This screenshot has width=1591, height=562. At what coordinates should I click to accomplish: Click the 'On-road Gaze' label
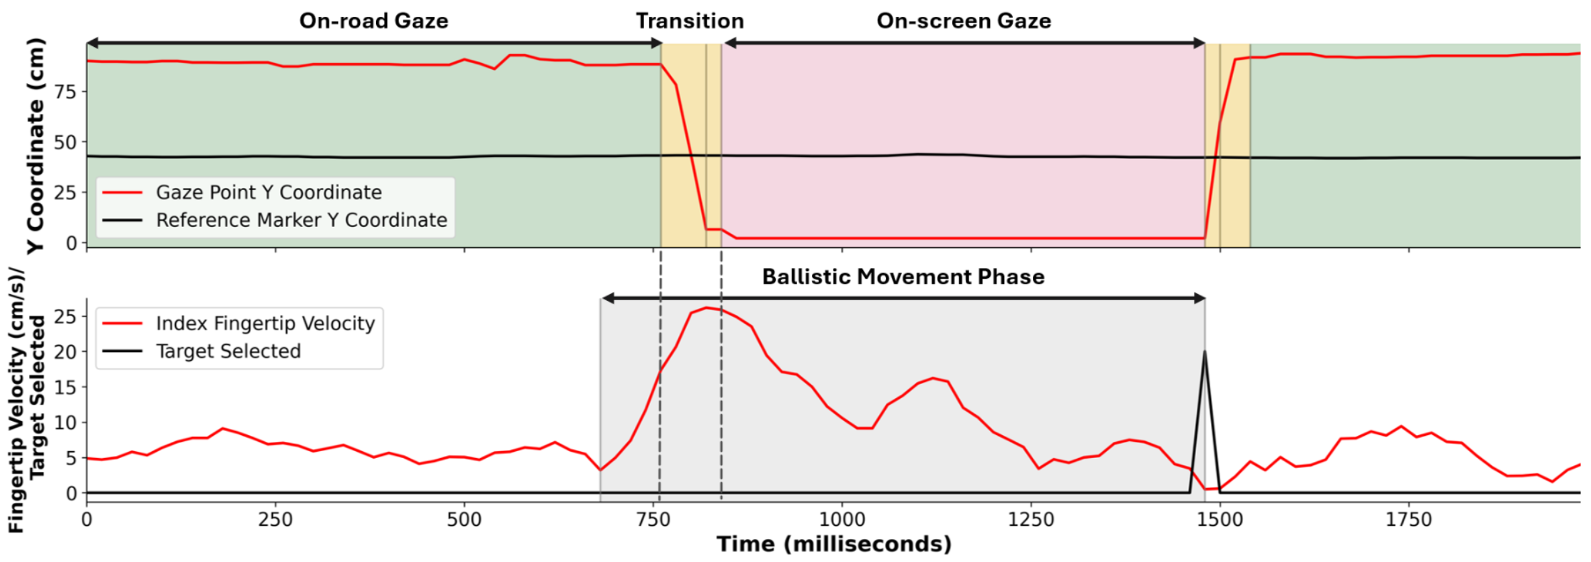[373, 21]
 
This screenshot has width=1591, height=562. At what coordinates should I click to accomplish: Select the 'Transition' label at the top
[690, 21]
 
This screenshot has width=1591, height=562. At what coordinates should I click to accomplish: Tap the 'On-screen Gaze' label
[964, 21]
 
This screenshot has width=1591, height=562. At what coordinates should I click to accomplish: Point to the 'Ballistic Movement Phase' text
[903, 277]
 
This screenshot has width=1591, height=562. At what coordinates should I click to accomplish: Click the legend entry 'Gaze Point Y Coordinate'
[269, 193]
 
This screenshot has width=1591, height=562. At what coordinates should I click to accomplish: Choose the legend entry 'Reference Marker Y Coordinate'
[302, 220]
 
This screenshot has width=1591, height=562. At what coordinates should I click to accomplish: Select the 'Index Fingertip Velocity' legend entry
[265, 324]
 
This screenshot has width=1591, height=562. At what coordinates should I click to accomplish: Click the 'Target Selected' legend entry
[228, 351]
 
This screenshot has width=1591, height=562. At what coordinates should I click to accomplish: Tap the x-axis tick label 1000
[842, 520]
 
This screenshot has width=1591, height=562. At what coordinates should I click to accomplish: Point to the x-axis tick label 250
[275, 520]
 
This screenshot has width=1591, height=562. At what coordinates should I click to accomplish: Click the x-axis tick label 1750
[1409, 520]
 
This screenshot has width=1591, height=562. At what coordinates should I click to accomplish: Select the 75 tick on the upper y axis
[66, 92]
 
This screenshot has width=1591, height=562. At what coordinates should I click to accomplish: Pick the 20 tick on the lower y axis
[66, 352]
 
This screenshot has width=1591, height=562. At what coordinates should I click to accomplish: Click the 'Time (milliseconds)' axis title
[833, 544]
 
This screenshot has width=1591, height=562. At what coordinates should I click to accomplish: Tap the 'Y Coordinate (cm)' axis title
[35, 146]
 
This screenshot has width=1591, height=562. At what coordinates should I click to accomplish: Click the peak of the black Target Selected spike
[1205, 351]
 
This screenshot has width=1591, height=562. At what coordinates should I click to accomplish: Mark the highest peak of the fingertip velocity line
[706, 308]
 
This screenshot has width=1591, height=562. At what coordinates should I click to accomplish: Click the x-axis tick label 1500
[1220, 520]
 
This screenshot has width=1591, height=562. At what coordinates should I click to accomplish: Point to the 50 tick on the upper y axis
[66, 142]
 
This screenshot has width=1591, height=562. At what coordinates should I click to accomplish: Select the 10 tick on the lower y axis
[66, 423]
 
